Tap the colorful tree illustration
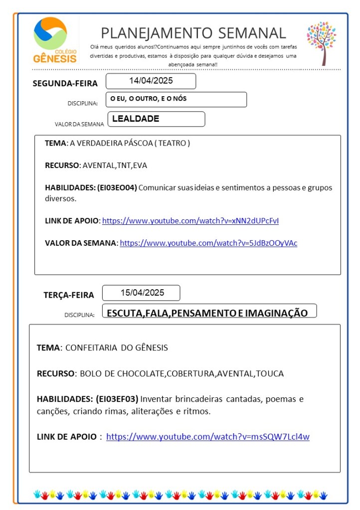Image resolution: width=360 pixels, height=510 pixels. point(321,43)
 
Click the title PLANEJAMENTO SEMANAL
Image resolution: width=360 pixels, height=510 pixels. point(193,33)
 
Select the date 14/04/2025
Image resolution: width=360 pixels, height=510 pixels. point(151,81)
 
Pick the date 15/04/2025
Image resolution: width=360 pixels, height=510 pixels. point(142,293)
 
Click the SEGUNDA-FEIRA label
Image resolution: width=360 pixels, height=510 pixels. point(65,83)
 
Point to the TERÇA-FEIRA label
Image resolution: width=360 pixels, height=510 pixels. point(68,295)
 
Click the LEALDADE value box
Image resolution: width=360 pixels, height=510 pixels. point(155,119)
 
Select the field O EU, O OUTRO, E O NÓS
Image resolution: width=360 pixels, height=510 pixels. point(176,99)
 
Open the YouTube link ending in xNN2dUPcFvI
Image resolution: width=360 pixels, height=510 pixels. point(194,221)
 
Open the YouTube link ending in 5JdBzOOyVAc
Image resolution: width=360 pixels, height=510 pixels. point(208,243)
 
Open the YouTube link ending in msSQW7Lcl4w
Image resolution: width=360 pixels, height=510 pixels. point(208,437)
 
